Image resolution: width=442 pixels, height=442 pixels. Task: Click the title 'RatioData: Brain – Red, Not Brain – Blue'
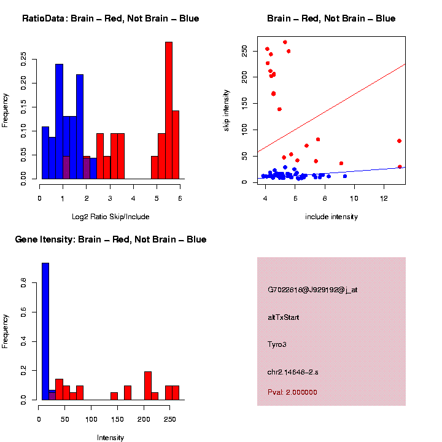point(110,19)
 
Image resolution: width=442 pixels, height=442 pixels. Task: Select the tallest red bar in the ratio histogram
point(169,110)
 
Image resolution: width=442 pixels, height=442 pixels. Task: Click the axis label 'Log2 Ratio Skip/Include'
point(110,217)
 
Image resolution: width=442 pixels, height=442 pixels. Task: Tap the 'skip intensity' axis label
point(227,109)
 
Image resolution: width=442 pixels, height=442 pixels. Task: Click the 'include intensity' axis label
point(331,217)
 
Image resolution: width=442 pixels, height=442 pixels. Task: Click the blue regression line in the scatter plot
point(344,172)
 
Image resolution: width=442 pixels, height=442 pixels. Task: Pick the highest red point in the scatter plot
point(285,42)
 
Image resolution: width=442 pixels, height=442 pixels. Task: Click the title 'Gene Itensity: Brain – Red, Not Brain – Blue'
point(110,239)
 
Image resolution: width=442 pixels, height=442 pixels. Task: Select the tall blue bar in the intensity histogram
point(45,331)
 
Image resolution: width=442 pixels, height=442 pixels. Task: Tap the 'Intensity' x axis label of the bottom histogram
point(110,438)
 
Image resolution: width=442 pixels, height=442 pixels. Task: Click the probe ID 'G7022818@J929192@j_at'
point(312,290)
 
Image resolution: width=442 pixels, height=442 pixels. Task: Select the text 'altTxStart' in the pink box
point(284,317)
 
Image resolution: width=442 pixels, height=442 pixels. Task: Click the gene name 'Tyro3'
point(277,344)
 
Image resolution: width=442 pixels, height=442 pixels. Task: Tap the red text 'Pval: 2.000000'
point(292,392)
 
